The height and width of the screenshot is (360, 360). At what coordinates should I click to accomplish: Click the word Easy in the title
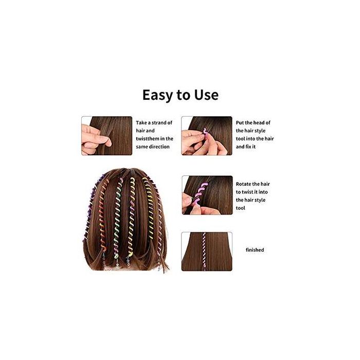(x=157, y=95)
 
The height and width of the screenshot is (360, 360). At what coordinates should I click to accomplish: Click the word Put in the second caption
(x=241, y=123)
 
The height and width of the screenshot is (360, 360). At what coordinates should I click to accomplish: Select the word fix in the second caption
(x=256, y=147)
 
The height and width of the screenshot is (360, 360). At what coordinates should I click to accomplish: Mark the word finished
(x=255, y=250)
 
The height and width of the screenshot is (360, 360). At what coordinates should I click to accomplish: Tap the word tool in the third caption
(x=241, y=208)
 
